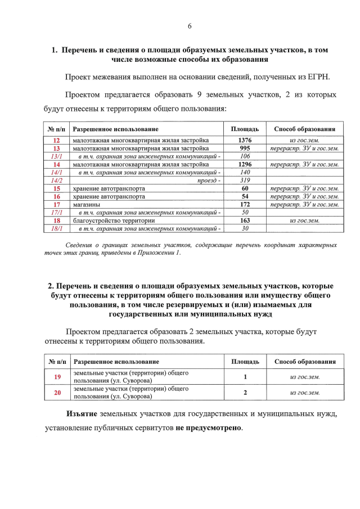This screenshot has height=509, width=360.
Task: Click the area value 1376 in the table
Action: (245, 139)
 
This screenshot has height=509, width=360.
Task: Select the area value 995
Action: (245, 148)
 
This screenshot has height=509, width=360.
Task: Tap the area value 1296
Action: (245, 164)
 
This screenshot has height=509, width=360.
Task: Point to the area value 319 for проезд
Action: (245, 181)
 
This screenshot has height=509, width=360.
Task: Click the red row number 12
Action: (57, 139)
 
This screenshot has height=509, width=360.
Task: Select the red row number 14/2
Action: (57, 181)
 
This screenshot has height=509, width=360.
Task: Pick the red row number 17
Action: (57, 205)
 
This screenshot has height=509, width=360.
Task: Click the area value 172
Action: (245, 205)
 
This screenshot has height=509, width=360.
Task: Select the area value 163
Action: (245, 221)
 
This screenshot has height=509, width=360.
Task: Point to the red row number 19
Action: (57, 377)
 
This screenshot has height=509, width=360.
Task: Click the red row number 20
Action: (57, 393)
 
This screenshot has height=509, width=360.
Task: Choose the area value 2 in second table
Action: (245, 393)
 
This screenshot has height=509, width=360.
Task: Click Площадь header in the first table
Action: (245, 129)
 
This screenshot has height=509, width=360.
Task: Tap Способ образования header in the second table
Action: (305, 362)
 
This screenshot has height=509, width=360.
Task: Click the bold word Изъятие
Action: (82, 414)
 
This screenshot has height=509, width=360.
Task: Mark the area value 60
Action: (245, 188)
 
